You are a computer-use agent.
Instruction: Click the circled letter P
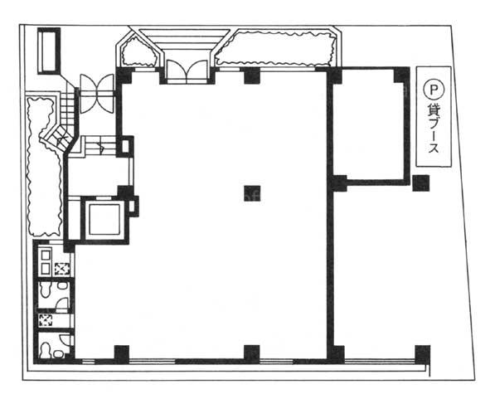[434, 90]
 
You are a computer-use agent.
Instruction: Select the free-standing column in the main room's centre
[252, 193]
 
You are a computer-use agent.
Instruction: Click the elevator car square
[104, 219]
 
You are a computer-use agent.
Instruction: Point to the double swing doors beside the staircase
[97, 94]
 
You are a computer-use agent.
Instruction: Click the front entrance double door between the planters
[187, 71]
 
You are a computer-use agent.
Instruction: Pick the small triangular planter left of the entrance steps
[138, 51]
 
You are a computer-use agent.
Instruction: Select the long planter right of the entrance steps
[276, 48]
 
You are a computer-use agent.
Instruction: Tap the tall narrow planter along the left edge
[43, 166]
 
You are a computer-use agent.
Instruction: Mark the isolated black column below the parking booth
[421, 183]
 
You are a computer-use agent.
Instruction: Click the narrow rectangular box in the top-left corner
[49, 51]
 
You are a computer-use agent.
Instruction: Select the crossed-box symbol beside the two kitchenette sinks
[62, 270]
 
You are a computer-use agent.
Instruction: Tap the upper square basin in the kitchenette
[46, 255]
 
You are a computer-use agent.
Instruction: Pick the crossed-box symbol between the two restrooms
[46, 320]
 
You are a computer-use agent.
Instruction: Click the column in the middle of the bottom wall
[252, 354]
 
